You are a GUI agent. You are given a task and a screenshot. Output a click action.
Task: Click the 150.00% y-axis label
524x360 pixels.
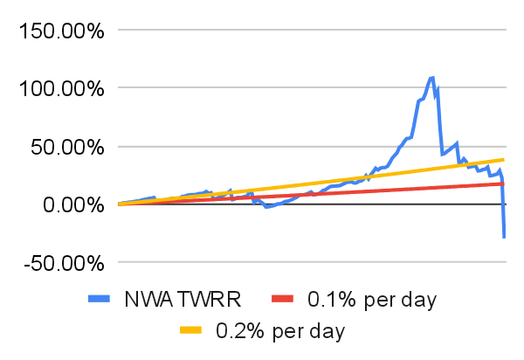62,31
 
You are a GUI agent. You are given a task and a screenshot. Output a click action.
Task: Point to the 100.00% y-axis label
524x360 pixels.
62,89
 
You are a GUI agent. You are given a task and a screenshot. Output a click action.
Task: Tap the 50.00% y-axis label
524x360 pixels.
67,147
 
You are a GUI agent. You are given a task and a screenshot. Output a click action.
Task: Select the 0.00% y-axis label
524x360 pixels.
73,204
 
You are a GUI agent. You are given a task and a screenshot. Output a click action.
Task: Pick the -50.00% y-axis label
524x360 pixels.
64,263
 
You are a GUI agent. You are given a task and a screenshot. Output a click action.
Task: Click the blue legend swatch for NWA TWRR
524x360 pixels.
99,299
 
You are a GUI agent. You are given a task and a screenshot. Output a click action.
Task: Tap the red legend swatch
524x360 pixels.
282,299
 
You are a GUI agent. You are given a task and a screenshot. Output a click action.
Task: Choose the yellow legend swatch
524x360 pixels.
190,330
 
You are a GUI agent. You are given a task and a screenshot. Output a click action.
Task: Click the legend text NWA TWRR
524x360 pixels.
183,299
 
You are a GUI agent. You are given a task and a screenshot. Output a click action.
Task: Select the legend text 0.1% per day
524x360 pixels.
372,300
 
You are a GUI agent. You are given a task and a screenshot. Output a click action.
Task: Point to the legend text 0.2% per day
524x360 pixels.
280,331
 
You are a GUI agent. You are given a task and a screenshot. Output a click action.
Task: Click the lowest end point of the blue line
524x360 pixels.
504,238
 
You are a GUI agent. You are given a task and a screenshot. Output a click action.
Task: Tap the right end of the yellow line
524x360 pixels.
503,160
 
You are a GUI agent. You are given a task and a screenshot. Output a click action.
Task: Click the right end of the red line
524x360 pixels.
503,183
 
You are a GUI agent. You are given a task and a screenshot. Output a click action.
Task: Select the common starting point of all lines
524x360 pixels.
119,204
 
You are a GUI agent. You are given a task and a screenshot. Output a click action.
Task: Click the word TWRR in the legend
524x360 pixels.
210,299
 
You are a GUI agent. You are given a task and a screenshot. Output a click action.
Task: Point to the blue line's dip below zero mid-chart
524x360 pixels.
266,207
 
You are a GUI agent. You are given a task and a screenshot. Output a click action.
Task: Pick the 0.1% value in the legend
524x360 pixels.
332,299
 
